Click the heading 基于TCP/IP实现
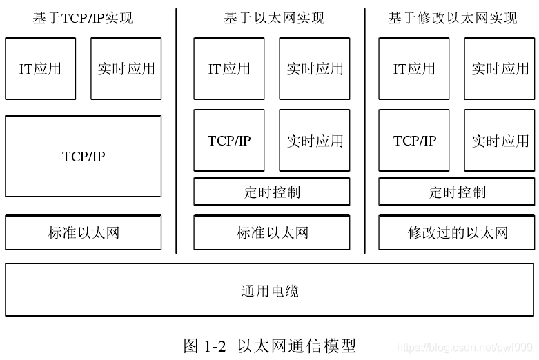[x=83, y=18]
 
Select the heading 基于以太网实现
[x=274, y=18]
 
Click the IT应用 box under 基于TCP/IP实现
[x=40, y=68]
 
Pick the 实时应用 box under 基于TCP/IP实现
[x=126, y=68]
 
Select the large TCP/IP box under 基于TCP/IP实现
[x=84, y=157]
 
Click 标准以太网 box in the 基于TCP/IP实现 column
[x=84, y=232]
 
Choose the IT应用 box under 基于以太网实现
[x=229, y=68]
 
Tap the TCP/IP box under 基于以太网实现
[x=229, y=141]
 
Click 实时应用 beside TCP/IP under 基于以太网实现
[x=315, y=141]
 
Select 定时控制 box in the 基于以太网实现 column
[x=272, y=192]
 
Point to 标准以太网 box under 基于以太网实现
[x=272, y=232]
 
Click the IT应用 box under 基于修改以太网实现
[x=414, y=68]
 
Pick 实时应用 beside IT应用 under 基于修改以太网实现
[x=500, y=68]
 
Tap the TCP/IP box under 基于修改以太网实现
[x=414, y=141]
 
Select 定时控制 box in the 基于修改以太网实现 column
[x=457, y=192]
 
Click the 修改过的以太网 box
[x=457, y=232]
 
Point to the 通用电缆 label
[x=269, y=290]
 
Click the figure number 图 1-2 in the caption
[x=205, y=346]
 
